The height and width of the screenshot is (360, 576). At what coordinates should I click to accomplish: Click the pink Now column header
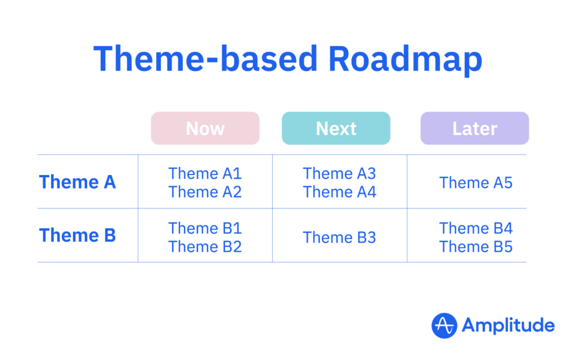pos(205,128)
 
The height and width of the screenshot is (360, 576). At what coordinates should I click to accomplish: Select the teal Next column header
pos(336,128)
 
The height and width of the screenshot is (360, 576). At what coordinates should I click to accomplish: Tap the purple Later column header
pos(475,128)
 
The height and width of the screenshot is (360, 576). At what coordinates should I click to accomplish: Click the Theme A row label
pos(78,182)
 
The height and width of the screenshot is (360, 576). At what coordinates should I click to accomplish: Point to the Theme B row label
pos(78,235)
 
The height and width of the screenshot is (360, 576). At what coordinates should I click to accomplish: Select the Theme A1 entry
pos(205,173)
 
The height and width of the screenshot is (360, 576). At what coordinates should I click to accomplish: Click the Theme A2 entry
pos(205,192)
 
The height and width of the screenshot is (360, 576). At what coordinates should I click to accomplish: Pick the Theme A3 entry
pos(339,173)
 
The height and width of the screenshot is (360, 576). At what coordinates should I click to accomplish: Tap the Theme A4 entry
pos(339,192)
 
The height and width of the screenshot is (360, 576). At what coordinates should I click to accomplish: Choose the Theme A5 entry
pos(475,183)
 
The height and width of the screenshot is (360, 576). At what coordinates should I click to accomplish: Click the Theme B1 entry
pos(205,228)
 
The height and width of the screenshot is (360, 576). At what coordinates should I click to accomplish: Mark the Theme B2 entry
pos(205,246)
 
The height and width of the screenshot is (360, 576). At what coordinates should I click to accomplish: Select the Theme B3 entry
pos(339,237)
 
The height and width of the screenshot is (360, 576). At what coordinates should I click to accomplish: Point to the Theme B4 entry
pos(475,228)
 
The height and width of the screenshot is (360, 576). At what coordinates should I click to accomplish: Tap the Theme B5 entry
pos(475,246)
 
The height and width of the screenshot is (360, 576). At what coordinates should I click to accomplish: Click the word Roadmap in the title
pos(405,58)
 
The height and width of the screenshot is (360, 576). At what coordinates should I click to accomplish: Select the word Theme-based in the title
pos(206,58)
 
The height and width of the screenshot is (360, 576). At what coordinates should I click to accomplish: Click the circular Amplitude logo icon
pos(444,325)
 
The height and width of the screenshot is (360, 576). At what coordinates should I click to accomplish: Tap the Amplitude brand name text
pos(508,325)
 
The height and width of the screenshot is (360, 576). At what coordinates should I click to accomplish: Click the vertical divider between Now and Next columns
pos(272,208)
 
